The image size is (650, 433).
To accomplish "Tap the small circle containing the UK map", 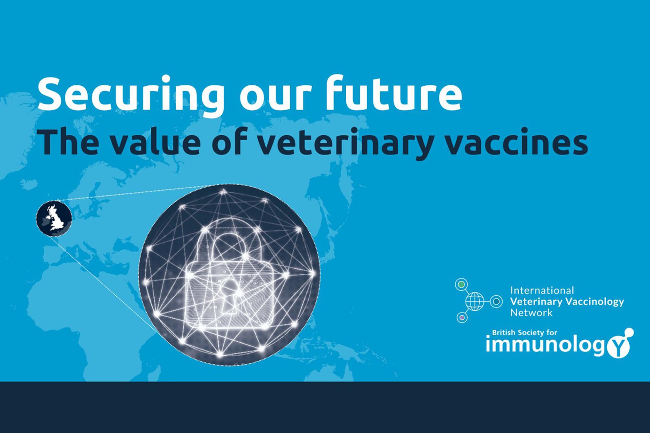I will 54,218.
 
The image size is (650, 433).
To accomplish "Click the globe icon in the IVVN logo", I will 475,301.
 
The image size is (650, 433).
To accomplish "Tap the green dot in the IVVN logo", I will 461,285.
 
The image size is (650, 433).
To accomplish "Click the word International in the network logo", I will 542,290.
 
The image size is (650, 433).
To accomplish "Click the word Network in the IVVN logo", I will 531,313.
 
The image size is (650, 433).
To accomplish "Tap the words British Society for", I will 524,333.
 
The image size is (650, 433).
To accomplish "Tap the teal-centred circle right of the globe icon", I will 496,301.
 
